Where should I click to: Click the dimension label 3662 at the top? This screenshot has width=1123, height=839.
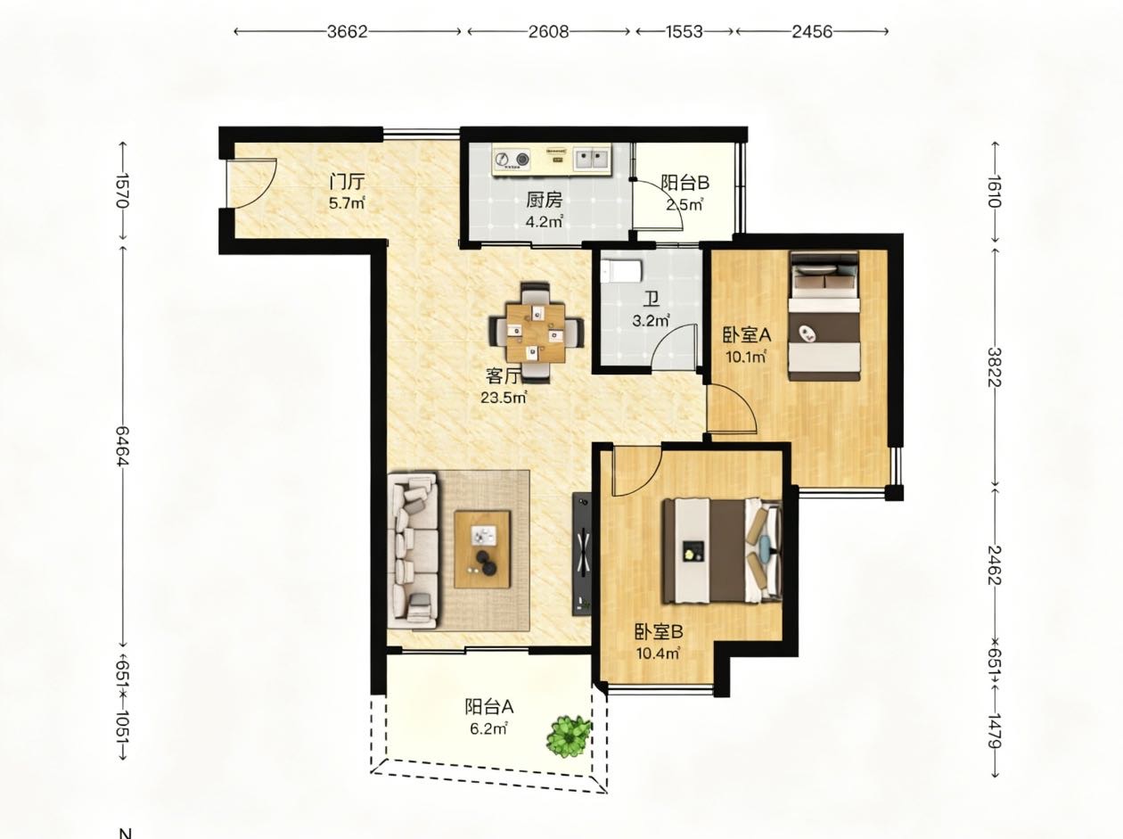coord(348,32)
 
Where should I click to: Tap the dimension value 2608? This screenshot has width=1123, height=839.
coord(548,32)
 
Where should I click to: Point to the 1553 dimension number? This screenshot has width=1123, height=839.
coord(684,32)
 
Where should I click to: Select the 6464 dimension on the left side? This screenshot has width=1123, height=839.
coord(123,445)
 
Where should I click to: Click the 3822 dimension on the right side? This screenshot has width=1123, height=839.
coord(994,367)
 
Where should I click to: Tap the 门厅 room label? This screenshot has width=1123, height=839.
coord(348,182)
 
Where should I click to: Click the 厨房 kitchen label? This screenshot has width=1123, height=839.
coord(545,200)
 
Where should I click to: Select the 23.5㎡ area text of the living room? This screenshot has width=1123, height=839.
coord(504,397)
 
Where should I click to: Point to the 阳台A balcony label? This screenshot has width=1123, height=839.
coord(489,706)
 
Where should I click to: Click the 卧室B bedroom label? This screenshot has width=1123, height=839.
coord(659,632)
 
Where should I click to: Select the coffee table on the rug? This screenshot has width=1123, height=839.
coord(482,549)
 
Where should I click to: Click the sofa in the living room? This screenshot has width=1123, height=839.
coord(414,550)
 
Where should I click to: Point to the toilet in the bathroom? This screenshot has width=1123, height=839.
coord(621,271)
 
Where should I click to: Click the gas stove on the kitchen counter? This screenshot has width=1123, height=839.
coord(512,159)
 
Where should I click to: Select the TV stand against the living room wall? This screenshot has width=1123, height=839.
coord(582,553)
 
